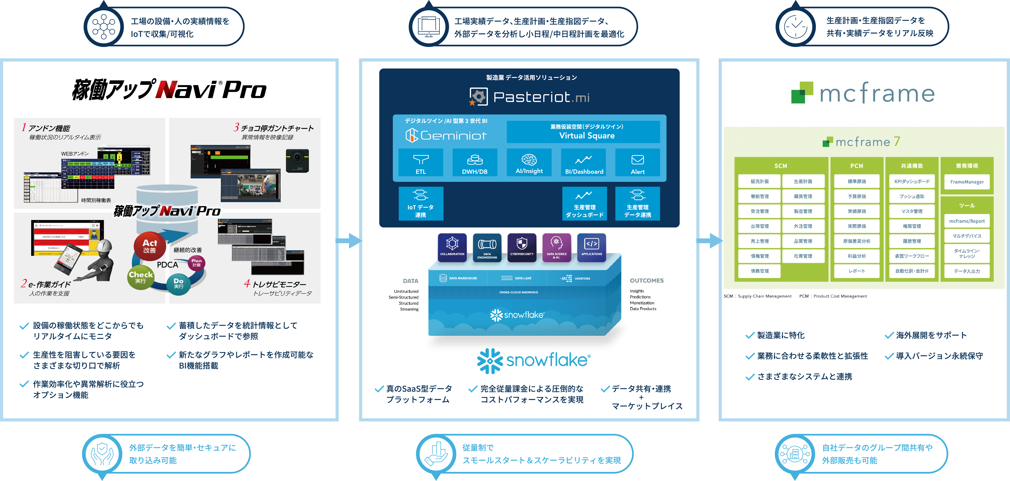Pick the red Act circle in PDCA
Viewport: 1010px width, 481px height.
149,246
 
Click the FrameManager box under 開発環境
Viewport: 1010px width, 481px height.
967,182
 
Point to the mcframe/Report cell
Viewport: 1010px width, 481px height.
967,221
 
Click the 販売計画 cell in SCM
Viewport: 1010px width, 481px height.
760,181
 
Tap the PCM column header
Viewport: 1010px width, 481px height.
857,166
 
